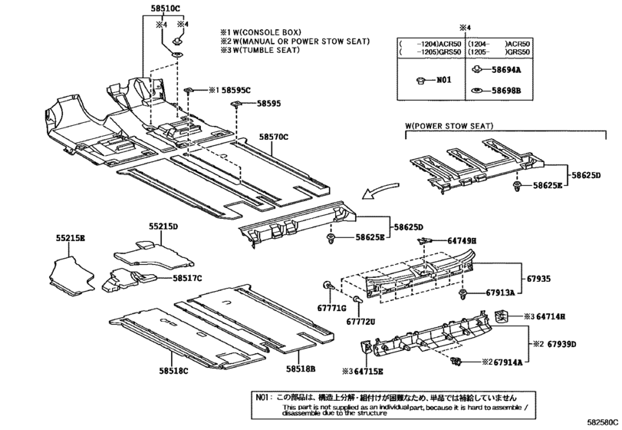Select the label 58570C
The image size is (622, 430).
point(273,137)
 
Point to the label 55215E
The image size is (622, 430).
point(70,239)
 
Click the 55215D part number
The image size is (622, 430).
point(163,227)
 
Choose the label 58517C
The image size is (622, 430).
point(187,277)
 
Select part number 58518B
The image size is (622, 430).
point(301,369)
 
